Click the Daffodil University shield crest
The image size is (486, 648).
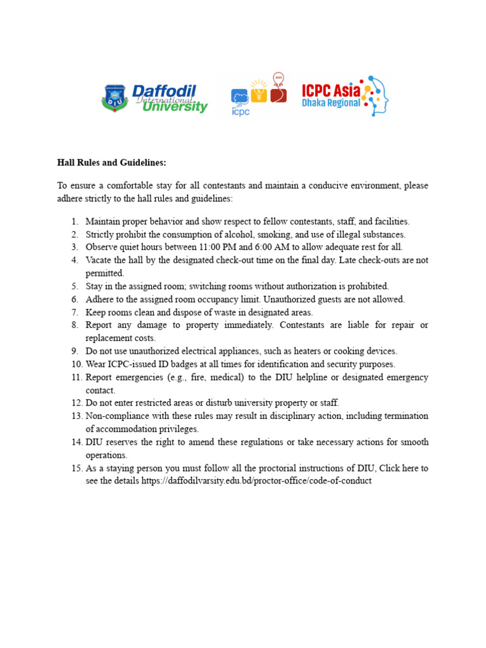pos(114,98)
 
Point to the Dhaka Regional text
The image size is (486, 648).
pos(331,103)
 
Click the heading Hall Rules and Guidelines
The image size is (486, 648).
pos(111,163)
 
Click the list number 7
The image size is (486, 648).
pos(75,313)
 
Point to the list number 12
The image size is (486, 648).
pos(76,403)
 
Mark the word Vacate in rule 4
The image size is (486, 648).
pos(99,260)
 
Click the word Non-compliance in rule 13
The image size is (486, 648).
pos(118,416)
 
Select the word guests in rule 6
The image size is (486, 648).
pos(335,299)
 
